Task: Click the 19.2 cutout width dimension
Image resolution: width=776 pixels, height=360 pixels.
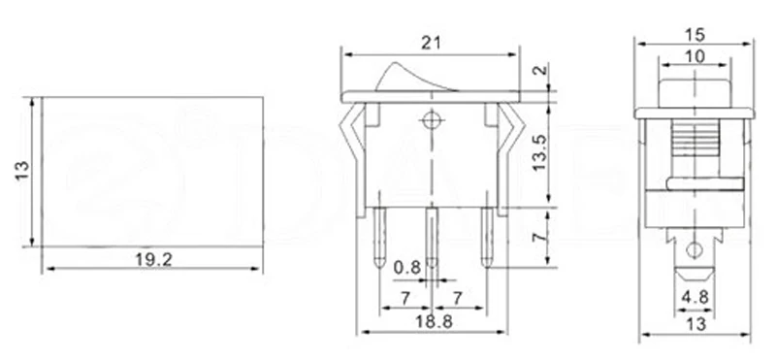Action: [154, 259]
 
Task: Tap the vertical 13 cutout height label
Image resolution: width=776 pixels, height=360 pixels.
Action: [22, 171]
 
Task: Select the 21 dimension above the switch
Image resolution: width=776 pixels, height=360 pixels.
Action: [431, 43]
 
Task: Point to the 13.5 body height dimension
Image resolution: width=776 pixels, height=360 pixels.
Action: [539, 152]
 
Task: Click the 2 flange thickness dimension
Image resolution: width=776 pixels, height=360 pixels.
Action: [542, 70]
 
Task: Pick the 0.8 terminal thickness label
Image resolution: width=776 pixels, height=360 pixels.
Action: [406, 268]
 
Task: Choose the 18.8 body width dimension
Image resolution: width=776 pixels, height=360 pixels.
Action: [434, 322]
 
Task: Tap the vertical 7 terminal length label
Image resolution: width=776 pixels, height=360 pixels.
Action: [539, 237]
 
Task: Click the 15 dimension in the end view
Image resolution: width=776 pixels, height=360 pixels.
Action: [695, 35]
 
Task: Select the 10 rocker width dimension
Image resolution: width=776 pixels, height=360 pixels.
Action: [695, 57]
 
